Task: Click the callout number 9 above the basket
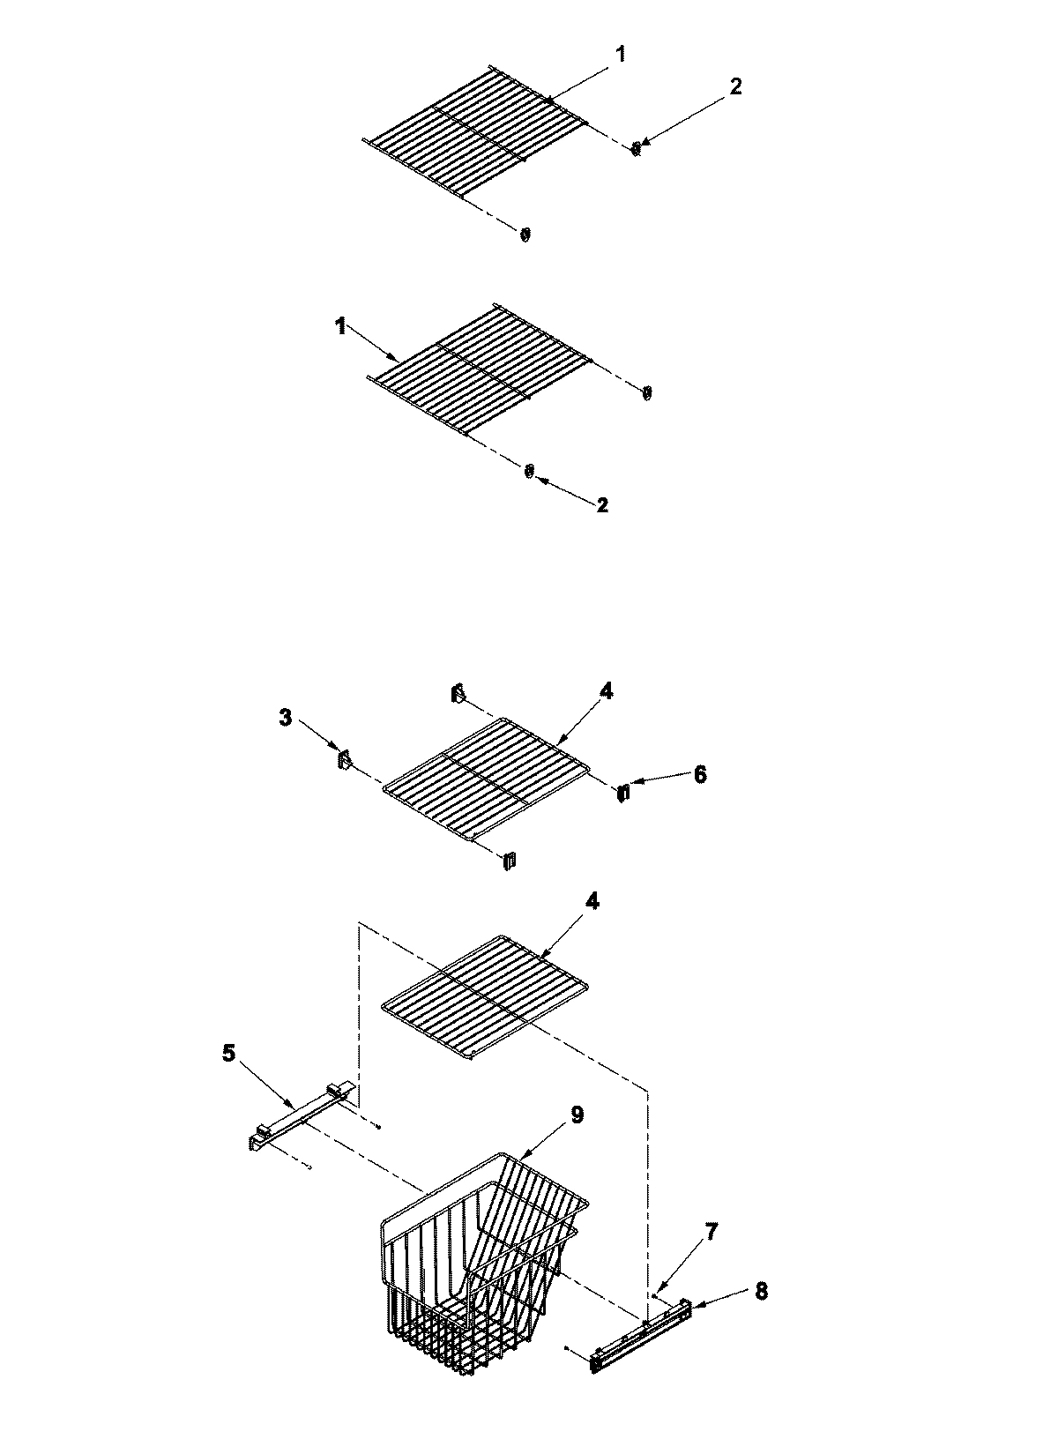tap(577, 1115)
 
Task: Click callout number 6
tap(699, 774)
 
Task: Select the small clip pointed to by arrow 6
tap(623, 793)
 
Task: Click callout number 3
tap(285, 718)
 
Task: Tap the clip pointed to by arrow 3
tap(343, 758)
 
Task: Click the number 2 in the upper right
tap(736, 86)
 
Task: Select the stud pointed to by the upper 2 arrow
tap(635, 147)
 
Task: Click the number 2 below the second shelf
tap(602, 505)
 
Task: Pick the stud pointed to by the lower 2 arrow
tap(529, 472)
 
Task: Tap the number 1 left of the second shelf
tap(339, 326)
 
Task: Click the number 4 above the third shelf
tap(607, 692)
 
